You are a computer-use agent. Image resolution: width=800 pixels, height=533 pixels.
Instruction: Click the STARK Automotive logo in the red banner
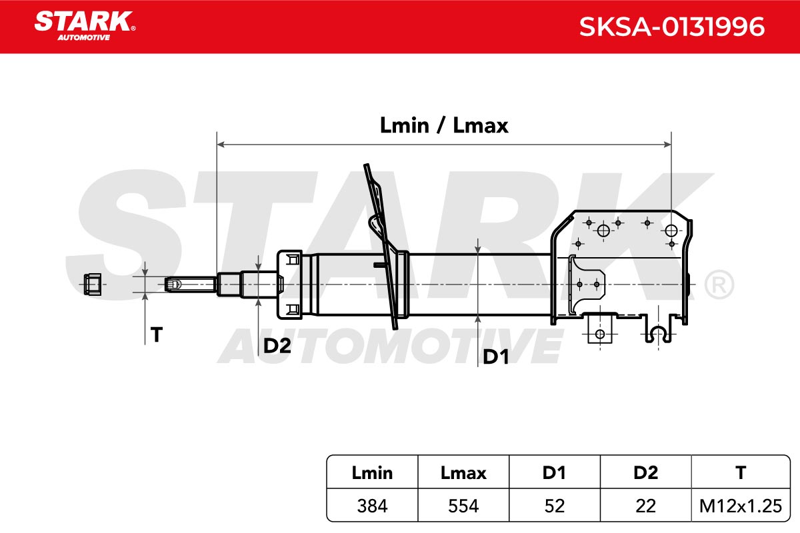[85, 26]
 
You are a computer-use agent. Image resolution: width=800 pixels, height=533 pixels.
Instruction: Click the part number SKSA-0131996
[671, 27]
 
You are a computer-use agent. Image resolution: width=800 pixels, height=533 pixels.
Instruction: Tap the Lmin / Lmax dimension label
[444, 125]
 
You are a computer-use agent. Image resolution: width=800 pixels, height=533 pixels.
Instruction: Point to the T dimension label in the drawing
[157, 334]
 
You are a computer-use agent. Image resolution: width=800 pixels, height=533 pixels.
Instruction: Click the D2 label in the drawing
[277, 345]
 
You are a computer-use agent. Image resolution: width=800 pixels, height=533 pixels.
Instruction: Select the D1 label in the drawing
[496, 356]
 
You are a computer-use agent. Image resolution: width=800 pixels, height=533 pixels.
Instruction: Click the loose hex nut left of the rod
[93, 284]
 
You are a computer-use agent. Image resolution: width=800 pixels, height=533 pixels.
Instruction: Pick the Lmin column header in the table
[372, 472]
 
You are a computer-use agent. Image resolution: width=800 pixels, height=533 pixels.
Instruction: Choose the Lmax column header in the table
[463, 472]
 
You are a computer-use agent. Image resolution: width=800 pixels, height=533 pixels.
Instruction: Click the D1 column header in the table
[554, 472]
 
